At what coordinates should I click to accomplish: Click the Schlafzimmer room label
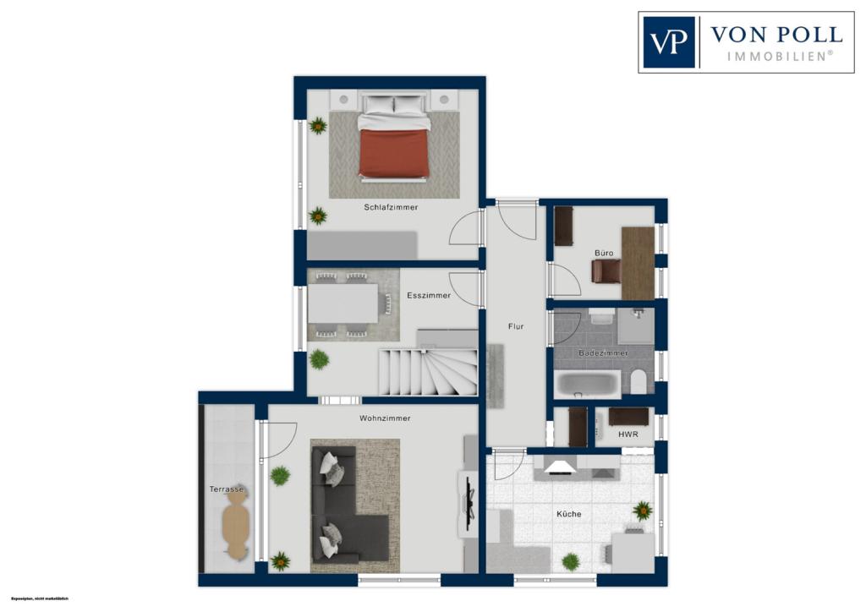(391, 207)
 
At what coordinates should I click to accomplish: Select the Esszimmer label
(428, 296)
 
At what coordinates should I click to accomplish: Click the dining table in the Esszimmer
(343, 303)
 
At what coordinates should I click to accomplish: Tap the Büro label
(603, 252)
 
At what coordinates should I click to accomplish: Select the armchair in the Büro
(606, 270)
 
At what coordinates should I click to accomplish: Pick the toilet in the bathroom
(639, 381)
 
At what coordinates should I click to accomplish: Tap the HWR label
(628, 435)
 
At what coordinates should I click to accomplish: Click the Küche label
(568, 514)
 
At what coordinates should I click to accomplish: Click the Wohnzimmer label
(385, 418)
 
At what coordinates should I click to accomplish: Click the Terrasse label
(227, 489)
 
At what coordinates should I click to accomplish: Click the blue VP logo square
(669, 42)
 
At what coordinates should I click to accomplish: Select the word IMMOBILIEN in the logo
(780, 56)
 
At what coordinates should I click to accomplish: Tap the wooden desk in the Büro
(638, 263)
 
